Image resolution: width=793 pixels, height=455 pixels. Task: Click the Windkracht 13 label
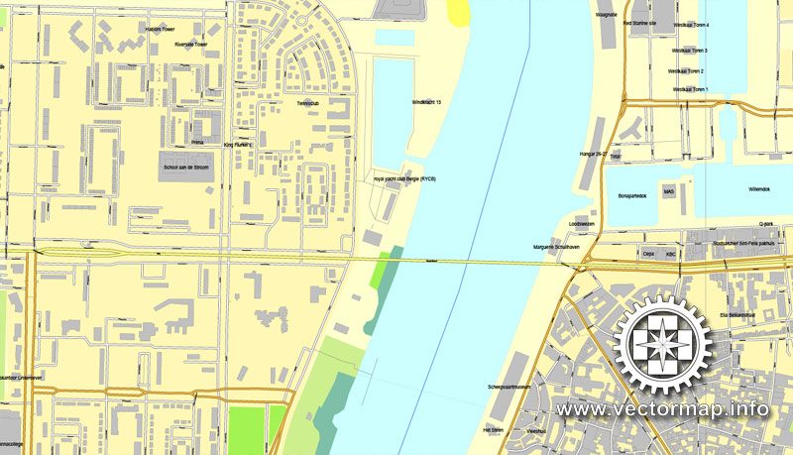(x=425, y=102)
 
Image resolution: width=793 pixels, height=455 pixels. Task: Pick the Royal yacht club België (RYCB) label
(x=404, y=178)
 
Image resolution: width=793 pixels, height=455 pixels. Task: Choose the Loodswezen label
(x=568, y=224)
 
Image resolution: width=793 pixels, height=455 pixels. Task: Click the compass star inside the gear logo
(x=663, y=345)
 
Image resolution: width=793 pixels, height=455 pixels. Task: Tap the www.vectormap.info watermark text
(x=662, y=408)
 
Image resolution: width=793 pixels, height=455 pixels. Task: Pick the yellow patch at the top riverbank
(x=458, y=11)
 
